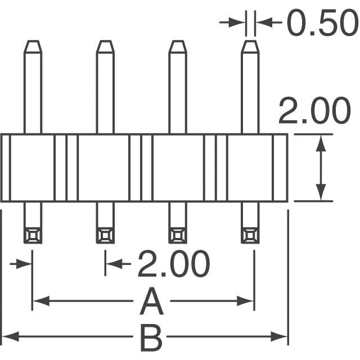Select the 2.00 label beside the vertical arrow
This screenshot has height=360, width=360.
pos(314,112)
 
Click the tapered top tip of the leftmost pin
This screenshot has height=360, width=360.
pos(33,45)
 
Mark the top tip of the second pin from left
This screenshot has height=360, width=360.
pos(105,45)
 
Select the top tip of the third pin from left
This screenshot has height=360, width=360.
pos(178,45)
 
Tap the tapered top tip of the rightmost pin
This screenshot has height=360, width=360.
pos(250,45)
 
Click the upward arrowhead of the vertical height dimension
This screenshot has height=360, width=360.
pos(321,141)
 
